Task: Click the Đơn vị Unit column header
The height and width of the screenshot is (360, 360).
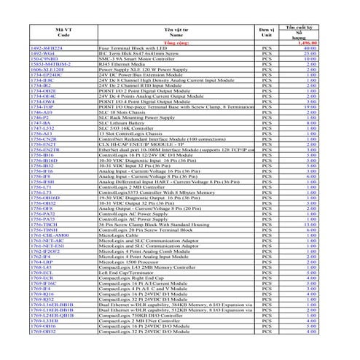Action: (x=267, y=31)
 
